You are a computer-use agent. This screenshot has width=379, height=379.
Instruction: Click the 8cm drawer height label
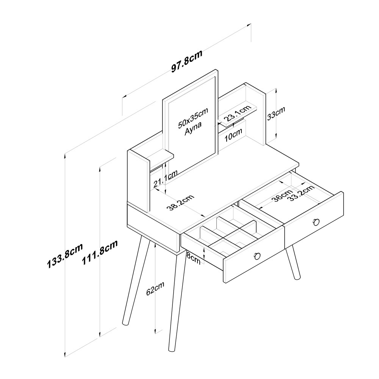[193, 259]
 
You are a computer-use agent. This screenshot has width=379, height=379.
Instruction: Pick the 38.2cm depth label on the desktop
[181, 202]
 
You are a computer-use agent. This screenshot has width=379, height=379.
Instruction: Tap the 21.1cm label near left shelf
[165, 179]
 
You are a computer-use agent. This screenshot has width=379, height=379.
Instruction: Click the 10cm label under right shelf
[233, 135]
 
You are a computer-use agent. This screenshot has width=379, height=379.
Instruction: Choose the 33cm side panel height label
[276, 113]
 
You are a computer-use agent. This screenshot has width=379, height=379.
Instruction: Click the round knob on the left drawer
[257, 256]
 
